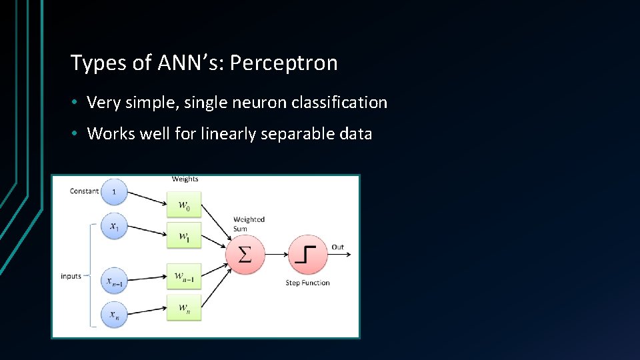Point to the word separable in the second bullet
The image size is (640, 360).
pyautogui.click(x=299, y=134)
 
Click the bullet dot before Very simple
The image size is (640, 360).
pyautogui.click(x=77, y=103)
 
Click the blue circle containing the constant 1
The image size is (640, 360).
pyautogui.click(x=114, y=192)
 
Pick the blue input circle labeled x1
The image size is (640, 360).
pyautogui.click(x=114, y=227)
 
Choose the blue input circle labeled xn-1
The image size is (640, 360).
pyautogui.click(x=114, y=280)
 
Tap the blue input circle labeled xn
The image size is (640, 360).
pyautogui.click(x=114, y=314)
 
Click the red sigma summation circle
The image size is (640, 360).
pyautogui.click(x=245, y=254)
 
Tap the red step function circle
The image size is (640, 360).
pyautogui.click(x=307, y=254)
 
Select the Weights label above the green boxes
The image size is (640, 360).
pyautogui.click(x=185, y=179)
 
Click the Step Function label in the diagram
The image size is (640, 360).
pyautogui.click(x=307, y=283)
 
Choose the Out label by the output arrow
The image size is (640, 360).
pyautogui.click(x=338, y=247)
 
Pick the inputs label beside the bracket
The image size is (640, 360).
pyautogui.click(x=71, y=276)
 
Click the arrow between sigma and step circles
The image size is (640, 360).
pyautogui.click(x=276, y=254)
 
